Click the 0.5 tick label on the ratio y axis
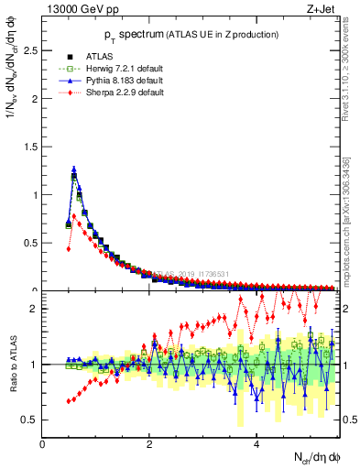(30, 420)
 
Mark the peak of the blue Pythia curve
(74, 169)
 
